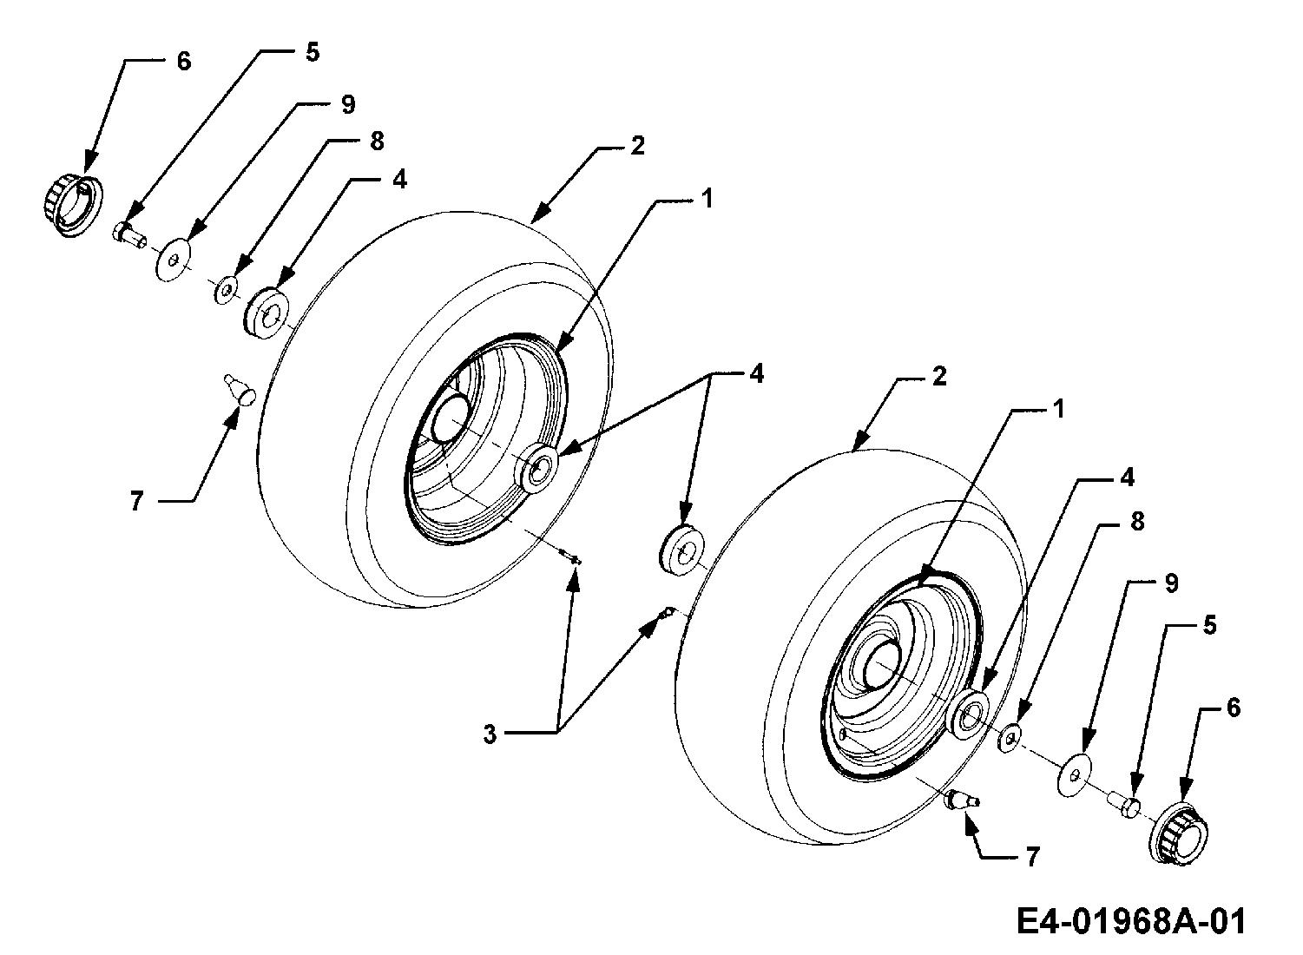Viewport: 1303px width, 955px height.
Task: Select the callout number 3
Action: (x=490, y=734)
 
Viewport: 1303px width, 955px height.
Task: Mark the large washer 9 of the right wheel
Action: (x=1074, y=774)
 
